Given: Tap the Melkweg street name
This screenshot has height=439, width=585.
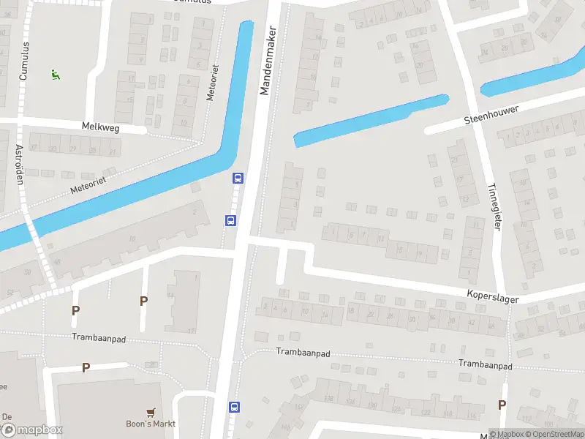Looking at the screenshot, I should [x=102, y=127].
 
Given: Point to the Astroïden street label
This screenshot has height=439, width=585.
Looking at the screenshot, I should [x=20, y=165].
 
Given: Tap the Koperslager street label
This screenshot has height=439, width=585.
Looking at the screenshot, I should [x=495, y=293].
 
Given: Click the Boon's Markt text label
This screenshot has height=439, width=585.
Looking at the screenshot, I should [x=150, y=424].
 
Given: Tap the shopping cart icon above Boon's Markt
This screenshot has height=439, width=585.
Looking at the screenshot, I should [x=151, y=412].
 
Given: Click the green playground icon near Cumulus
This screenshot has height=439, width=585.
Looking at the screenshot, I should [x=54, y=74].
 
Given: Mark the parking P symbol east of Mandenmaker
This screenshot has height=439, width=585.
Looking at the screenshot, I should [x=502, y=405].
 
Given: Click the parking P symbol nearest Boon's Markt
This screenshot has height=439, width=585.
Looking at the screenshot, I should [x=86, y=367].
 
